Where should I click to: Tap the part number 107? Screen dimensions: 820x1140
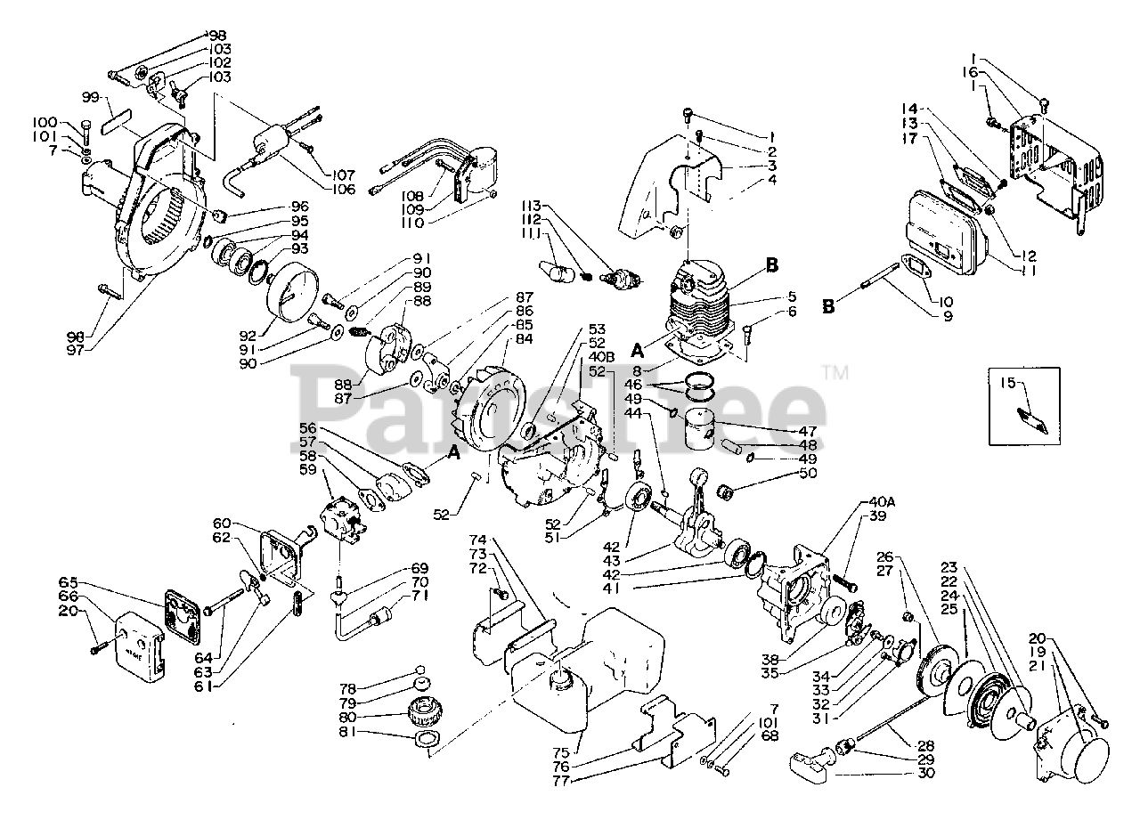344,175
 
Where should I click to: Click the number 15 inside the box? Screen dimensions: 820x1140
1007,384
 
